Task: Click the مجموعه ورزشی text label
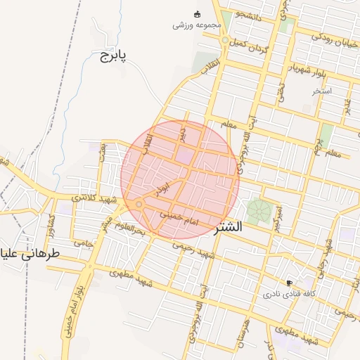(197, 25)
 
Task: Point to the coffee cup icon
(289, 282)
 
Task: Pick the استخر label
(322, 91)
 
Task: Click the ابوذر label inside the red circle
(162, 189)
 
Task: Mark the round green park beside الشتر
(259, 211)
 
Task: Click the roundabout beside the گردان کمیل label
(224, 41)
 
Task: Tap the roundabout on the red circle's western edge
(139, 205)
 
